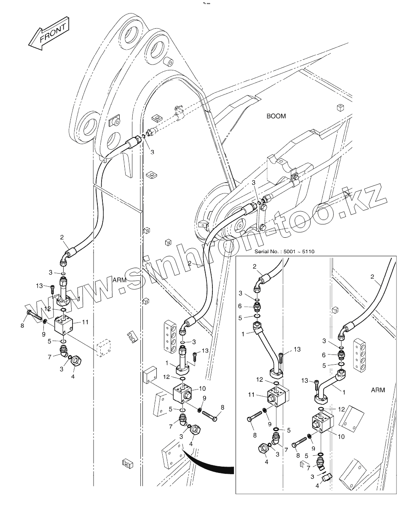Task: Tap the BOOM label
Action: point(276,116)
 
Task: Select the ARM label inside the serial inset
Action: point(378,390)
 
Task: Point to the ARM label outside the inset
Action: point(120,280)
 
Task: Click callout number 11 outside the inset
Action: point(85,322)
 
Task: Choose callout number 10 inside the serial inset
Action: point(341,437)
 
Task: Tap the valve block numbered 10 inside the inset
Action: point(323,422)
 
